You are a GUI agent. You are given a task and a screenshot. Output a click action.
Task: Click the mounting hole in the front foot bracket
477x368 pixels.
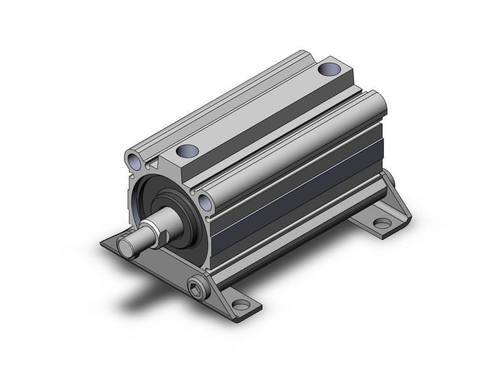point(240,306)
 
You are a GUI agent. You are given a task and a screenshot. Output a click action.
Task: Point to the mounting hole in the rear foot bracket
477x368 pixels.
point(380,223)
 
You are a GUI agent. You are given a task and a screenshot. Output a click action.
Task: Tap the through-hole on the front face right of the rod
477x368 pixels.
point(205,201)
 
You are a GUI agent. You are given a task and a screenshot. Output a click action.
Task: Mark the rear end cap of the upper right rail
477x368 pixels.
point(375,103)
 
